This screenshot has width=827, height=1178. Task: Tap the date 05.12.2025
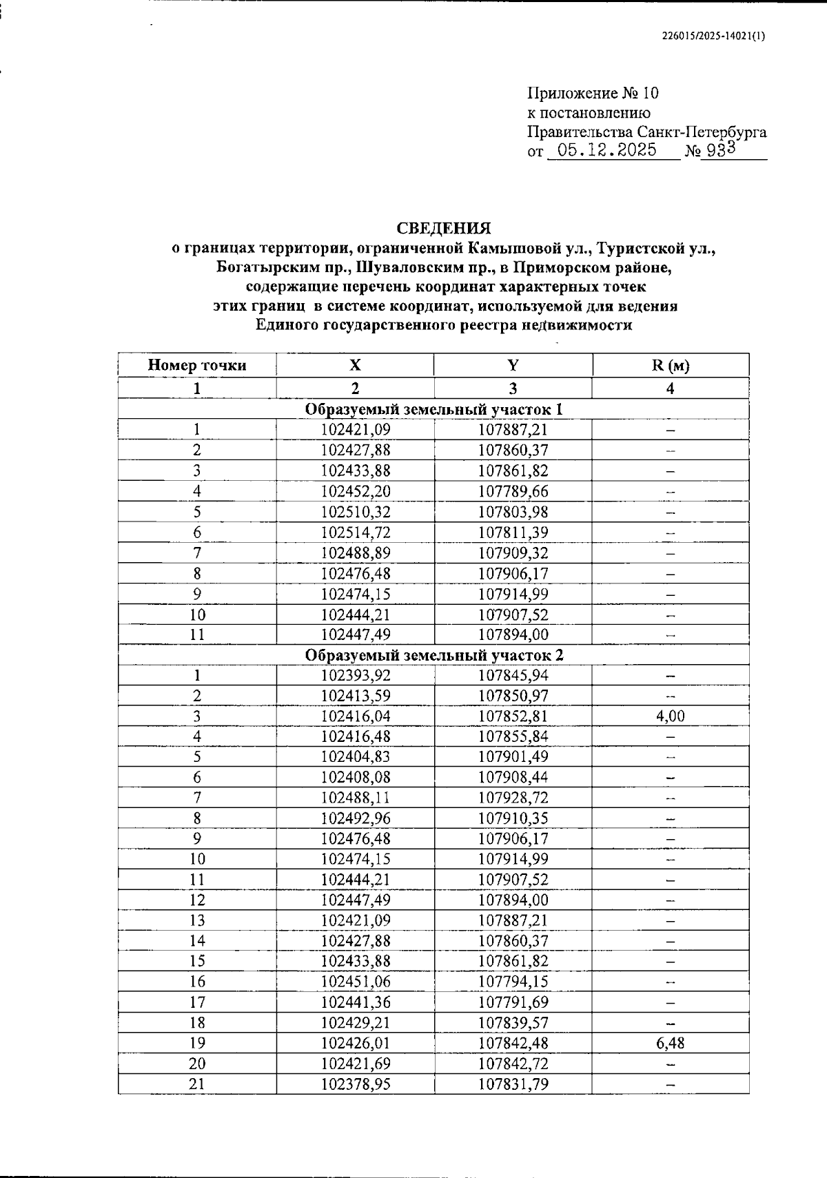[607, 151]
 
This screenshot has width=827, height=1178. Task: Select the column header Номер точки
[196, 365]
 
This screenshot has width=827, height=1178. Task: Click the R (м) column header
[670, 365]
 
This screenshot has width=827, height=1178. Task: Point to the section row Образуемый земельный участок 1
[433, 409]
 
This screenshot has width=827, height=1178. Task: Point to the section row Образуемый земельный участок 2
[433, 654]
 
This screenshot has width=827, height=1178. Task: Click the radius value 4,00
[670, 716]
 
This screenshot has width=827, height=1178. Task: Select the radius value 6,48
[670, 1043]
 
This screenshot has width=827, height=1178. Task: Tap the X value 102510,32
[356, 512]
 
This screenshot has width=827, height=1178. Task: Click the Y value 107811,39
[513, 533]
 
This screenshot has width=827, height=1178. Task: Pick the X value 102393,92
[356, 675]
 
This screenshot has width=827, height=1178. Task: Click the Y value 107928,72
[513, 798]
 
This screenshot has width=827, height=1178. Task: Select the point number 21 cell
[196, 1084]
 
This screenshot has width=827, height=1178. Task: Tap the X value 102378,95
[356, 1084]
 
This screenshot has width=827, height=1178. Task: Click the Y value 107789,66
[513, 491]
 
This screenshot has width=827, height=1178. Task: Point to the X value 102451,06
[356, 982]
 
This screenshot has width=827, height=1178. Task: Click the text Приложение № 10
[593, 93]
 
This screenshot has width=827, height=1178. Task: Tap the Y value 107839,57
[513, 1023]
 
